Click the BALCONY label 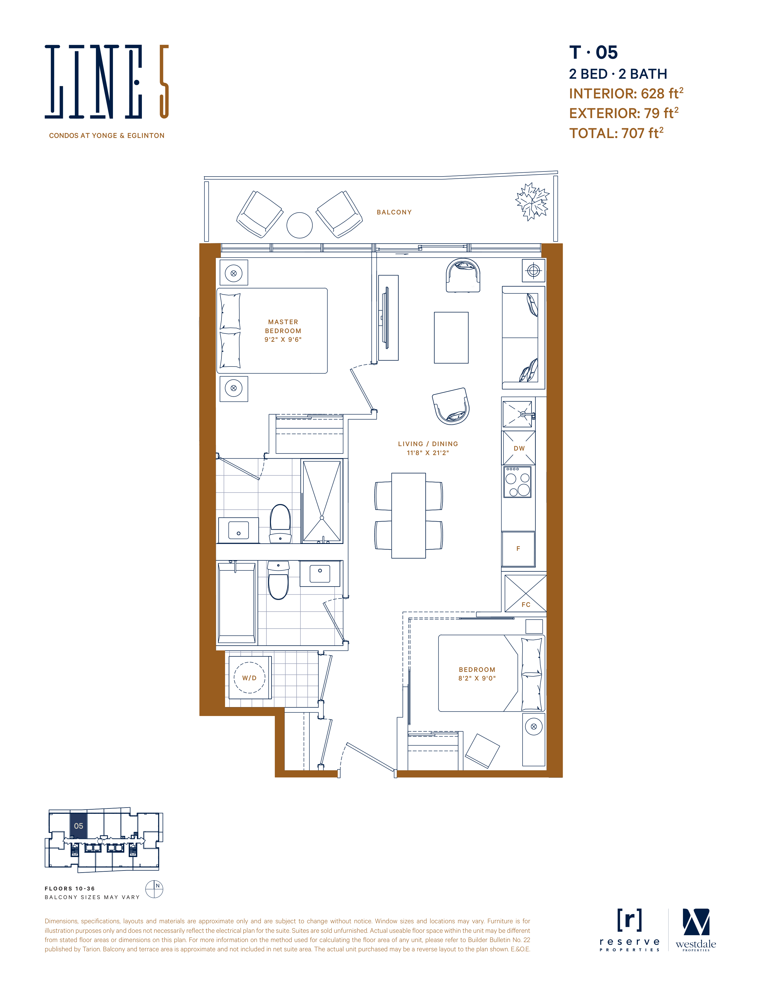[x=394, y=212]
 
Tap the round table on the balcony [x=299, y=225]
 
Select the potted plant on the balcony [x=532, y=202]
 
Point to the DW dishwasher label [x=519, y=448]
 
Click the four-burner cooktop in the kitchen [x=517, y=482]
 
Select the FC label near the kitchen [x=526, y=604]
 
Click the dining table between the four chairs [x=408, y=516]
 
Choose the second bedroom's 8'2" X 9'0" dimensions [x=477, y=678]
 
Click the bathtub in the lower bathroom [x=237, y=601]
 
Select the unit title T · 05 [x=593, y=53]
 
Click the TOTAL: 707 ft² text [x=616, y=133]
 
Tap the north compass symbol [x=154, y=889]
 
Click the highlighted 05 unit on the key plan [x=78, y=826]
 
